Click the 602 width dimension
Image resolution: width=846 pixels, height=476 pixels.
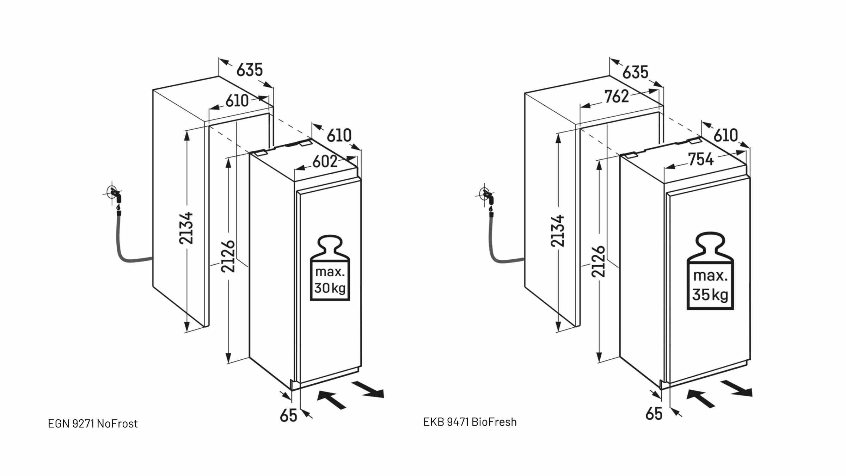point(325,162)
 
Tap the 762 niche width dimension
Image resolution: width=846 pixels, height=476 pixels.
point(617,97)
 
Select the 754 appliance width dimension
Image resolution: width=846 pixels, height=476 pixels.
point(701,159)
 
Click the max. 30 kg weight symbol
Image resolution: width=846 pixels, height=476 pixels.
point(330,268)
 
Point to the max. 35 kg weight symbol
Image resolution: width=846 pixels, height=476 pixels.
point(710,271)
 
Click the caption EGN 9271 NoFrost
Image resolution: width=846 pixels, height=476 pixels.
point(93,424)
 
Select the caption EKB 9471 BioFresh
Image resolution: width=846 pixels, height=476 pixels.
point(470,422)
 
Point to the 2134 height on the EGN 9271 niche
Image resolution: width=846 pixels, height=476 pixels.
point(186,228)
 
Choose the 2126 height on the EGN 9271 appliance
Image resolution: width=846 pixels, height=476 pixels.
point(228,256)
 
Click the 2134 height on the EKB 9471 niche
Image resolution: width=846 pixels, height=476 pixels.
point(558,231)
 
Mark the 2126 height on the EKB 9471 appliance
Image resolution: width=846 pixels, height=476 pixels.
point(599,261)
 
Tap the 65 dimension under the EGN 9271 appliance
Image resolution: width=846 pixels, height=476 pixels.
point(288,416)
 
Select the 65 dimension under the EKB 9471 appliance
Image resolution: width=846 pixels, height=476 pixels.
point(654,414)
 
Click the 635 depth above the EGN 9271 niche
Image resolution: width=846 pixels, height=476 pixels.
point(250,70)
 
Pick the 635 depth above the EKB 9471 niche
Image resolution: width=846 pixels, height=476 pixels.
point(635,72)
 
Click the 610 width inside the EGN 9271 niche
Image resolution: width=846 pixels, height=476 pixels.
point(237,101)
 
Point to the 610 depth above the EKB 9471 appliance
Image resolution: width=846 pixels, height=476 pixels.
point(726,135)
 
